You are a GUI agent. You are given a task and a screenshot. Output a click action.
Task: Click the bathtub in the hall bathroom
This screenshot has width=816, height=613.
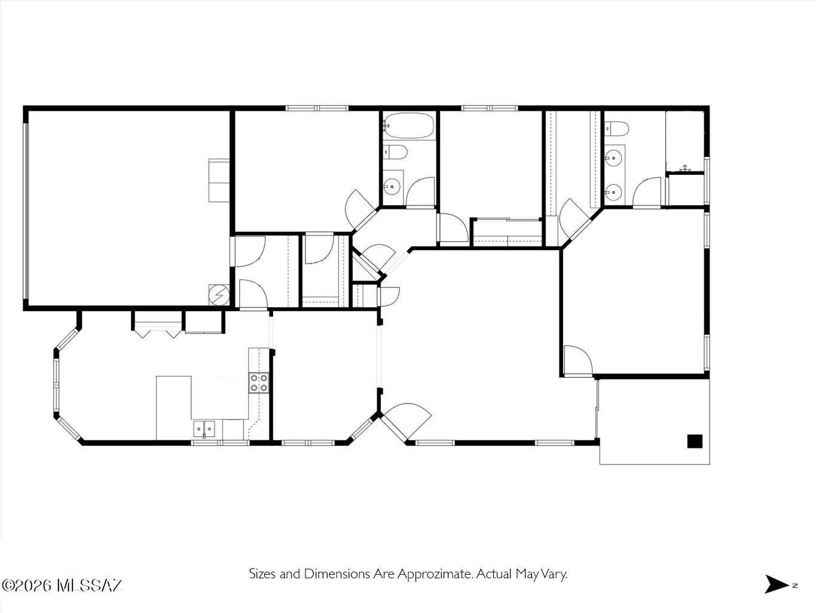point(409,126)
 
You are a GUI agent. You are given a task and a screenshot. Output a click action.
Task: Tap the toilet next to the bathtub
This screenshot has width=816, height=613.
point(395,152)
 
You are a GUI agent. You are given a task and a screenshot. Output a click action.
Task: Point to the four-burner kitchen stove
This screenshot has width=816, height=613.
point(259,383)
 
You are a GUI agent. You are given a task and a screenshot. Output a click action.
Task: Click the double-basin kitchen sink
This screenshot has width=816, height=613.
point(204,429)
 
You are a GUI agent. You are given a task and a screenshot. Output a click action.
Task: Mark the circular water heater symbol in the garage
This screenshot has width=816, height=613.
point(218,295)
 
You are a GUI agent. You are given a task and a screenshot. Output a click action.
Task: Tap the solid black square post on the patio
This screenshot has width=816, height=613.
point(695,441)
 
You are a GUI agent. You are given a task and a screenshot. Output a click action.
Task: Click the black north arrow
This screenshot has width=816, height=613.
point(776,584)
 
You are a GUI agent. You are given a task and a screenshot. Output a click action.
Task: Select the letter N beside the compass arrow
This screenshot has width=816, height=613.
point(795,585)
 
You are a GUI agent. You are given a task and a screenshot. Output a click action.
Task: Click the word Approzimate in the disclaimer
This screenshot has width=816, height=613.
point(435,574)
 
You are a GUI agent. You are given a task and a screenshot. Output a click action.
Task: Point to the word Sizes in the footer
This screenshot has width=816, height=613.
point(262,574)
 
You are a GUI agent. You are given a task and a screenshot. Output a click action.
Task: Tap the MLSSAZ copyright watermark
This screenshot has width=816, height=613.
point(62,585)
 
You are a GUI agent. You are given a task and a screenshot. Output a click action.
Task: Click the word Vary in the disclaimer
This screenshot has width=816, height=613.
point(555,574)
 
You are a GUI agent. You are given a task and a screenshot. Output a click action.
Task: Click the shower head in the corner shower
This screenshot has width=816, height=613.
point(685,168)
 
